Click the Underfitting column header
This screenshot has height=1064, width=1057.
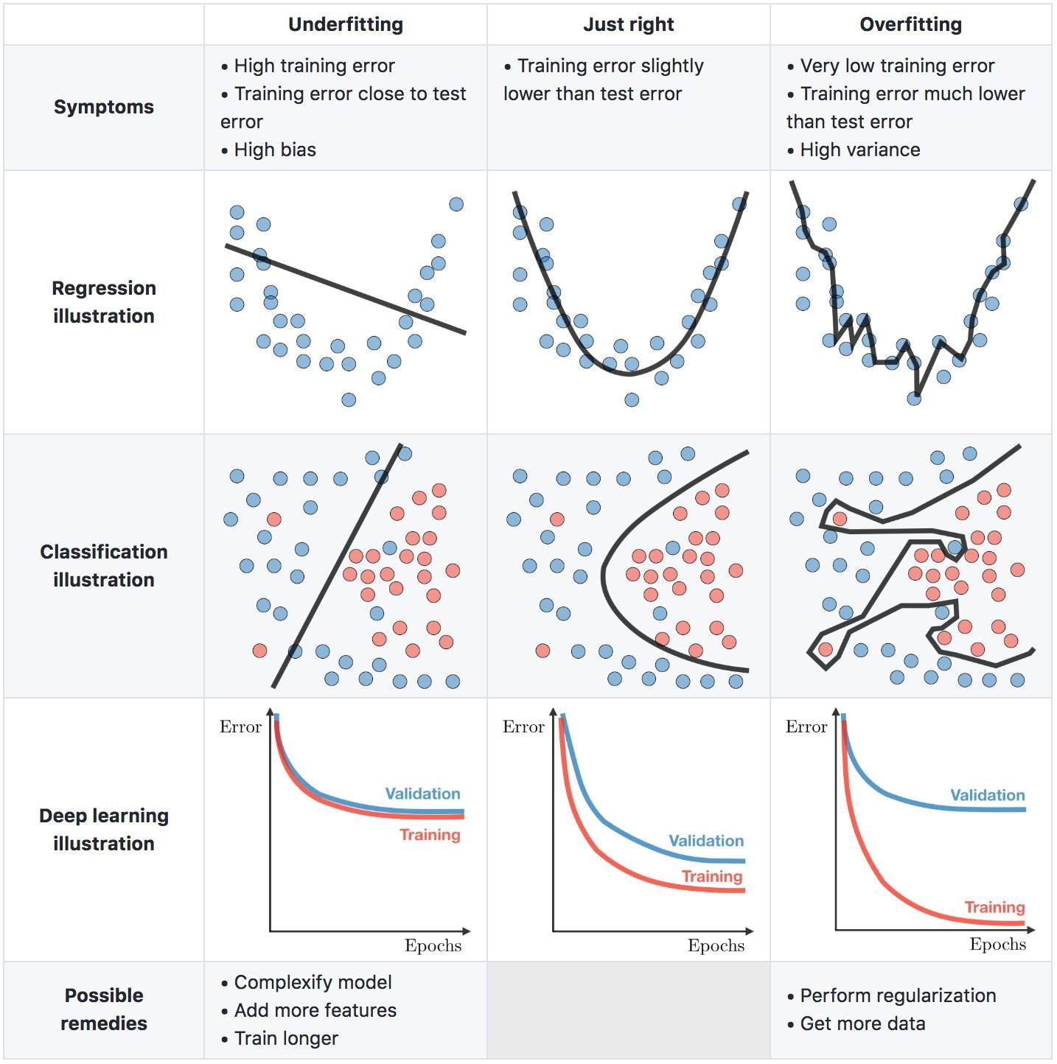click(346, 24)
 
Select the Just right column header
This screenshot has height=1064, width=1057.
click(628, 24)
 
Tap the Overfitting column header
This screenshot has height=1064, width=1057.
click(910, 24)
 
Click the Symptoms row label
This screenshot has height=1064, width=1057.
click(104, 107)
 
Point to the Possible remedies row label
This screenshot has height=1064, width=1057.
click(104, 1009)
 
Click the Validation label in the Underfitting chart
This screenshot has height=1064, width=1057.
click(422, 794)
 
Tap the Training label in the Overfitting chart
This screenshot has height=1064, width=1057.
click(994, 907)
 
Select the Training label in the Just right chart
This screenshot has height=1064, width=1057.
click(711, 876)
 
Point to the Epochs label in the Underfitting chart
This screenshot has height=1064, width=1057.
click(433, 945)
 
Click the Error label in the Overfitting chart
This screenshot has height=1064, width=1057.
click(806, 727)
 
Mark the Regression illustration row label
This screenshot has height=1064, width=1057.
click(104, 302)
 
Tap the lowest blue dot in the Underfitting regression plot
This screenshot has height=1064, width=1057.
click(349, 400)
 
